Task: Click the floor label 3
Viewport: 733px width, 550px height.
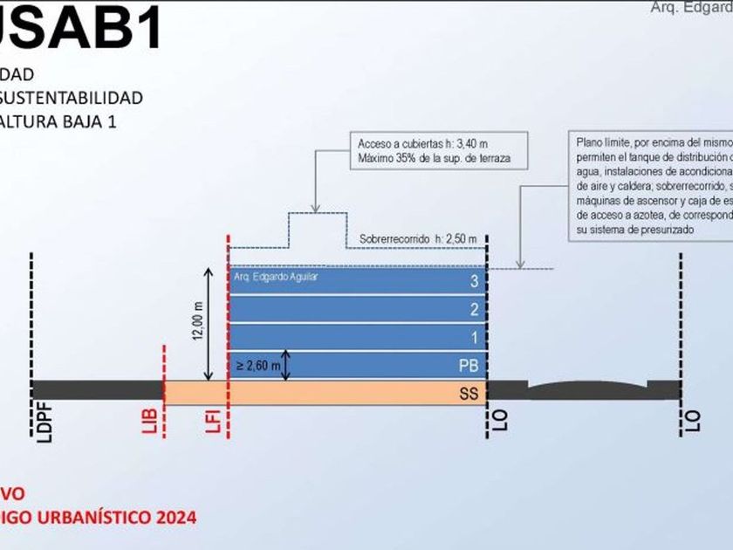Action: (x=473, y=281)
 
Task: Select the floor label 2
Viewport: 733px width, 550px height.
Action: (x=473, y=309)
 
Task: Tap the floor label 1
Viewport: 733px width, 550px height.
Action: (x=473, y=337)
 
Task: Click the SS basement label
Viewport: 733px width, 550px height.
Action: (x=469, y=394)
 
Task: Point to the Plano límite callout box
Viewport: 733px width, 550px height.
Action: (x=650, y=185)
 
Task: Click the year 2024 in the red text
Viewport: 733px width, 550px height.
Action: (x=175, y=517)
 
